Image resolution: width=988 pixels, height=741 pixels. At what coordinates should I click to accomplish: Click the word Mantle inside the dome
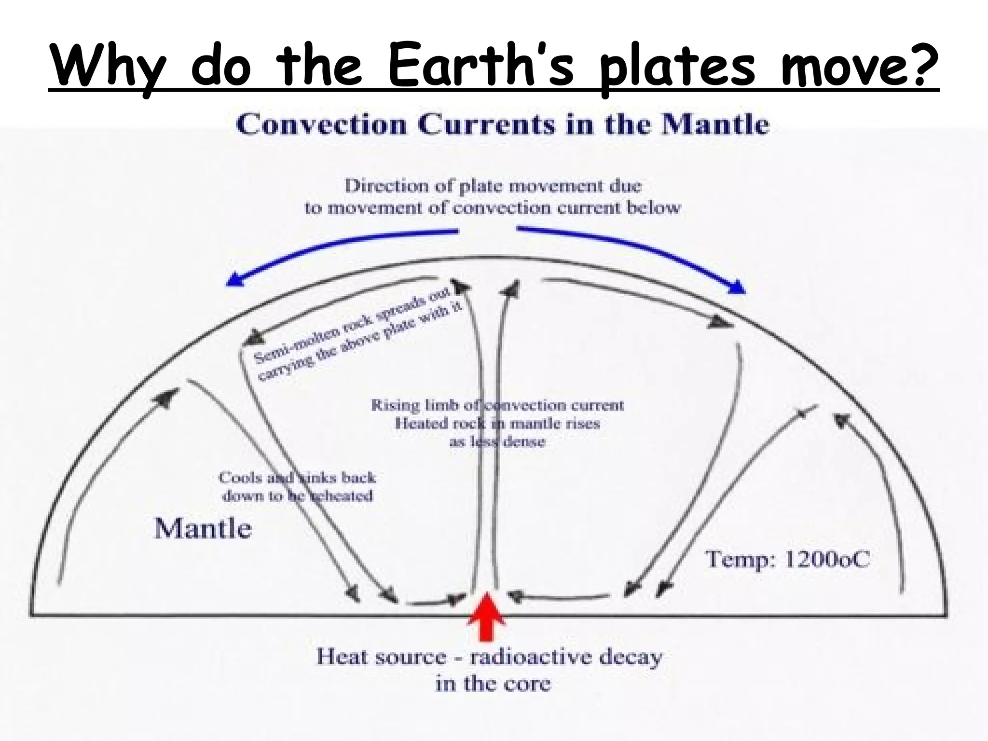pos(203,529)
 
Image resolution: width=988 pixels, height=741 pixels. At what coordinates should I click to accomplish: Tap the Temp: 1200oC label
pos(788,560)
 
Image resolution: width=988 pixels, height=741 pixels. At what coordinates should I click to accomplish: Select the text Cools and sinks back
pos(297,478)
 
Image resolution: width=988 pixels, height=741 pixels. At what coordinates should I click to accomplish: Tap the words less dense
pos(497,441)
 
